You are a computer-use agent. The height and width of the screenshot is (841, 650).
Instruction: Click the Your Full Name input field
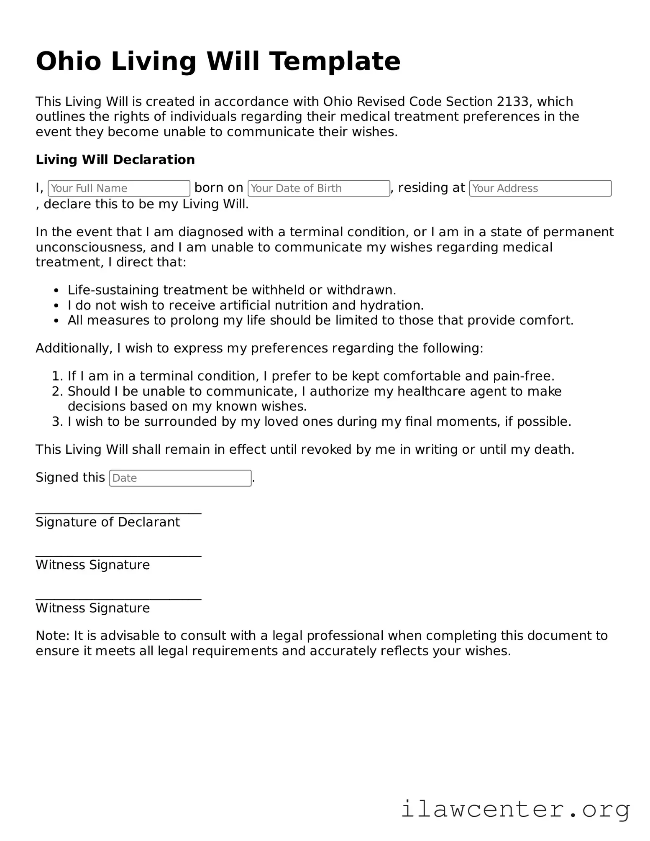tap(119, 188)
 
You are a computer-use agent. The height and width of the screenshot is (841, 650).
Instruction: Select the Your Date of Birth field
tap(319, 188)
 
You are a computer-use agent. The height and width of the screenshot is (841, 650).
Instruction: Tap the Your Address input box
tap(540, 188)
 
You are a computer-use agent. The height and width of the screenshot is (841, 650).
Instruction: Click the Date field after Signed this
tap(180, 478)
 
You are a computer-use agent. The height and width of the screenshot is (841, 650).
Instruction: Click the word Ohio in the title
tap(69, 61)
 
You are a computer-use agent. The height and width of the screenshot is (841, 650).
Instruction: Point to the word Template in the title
tap(334, 61)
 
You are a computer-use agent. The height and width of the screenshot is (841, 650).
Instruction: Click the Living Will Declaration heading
tap(115, 160)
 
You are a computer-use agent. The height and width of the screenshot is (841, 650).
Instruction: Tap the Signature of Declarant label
tap(107, 522)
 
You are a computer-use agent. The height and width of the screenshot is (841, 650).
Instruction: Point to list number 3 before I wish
tap(57, 422)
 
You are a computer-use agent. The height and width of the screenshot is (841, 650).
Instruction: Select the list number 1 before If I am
tap(57, 376)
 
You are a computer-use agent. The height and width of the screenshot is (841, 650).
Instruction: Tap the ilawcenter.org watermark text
tap(515, 809)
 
